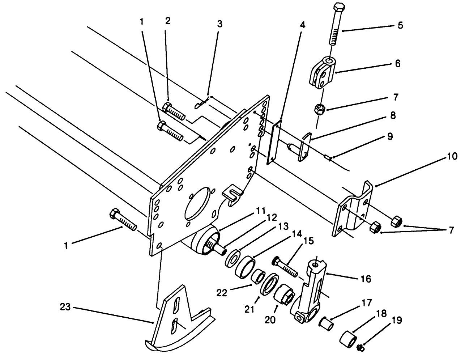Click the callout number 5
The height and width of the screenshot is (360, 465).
coord(400,25)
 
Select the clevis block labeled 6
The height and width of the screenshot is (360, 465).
coord(323,71)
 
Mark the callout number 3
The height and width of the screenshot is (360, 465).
coord(219,24)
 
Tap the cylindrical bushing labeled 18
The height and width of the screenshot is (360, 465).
coord(348,339)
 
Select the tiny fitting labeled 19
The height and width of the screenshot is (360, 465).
coord(361,348)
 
